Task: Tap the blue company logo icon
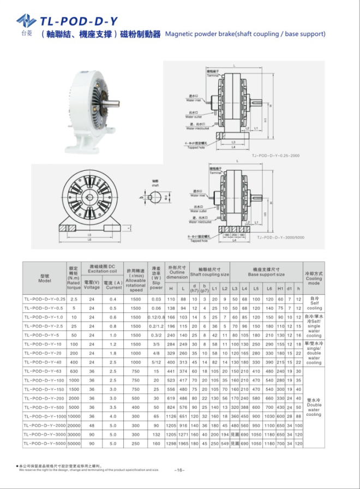pos(26,21)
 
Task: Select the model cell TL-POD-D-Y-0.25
pos(45,299)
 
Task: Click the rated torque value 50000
pos(74,444)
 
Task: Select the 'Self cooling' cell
pos(314,303)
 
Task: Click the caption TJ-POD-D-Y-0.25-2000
pos(276,156)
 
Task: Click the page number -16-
pos(180,470)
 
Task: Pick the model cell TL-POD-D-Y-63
pos(45,371)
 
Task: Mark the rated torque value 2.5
pos(74,299)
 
